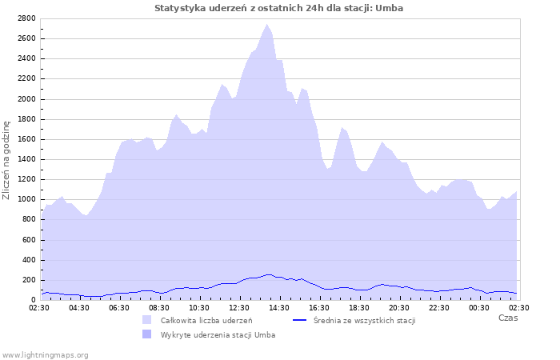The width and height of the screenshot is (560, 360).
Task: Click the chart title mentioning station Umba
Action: tap(278, 8)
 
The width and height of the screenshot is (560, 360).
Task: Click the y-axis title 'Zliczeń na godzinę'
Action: tap(6, 160)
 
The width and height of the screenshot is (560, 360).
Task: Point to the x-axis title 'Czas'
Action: tap(507, 318)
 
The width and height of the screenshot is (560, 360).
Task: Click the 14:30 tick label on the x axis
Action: tap(279, 307)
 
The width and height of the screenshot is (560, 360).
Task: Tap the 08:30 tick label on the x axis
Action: tap(159, 307)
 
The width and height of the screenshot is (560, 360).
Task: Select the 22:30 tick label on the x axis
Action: tap(439, 307)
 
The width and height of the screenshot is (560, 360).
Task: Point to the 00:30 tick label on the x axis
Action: tap(479, 307)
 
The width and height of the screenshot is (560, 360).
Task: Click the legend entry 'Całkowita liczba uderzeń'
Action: tap(206, 320)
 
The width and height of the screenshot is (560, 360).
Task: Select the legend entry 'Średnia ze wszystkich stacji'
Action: tap(364, 320)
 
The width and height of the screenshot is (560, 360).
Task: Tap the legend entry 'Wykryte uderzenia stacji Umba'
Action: tap(218, 334)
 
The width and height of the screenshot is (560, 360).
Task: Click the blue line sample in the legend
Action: tap(300, 320)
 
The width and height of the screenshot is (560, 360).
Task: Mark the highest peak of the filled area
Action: tap(268, 25)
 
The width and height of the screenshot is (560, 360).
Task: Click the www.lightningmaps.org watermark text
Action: tap(45, 354)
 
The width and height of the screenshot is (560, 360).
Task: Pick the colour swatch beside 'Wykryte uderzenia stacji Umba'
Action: tap(146, 334)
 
